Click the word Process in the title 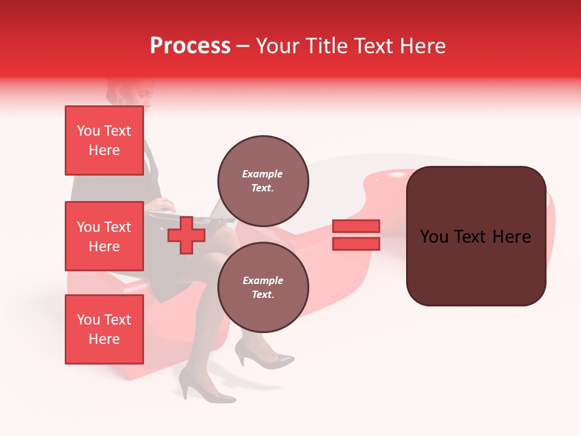(x=190, y=46)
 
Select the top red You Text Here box (x=104, y=140)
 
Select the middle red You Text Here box (x=104, y=236)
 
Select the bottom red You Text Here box (x=104, y=329)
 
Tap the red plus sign (x=186, y=236)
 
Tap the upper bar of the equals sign (x=356, y=226)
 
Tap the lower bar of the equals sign (x=356, y=244)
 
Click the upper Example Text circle (x=263, y=180)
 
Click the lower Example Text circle (x=263, y=287)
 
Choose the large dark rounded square (x=476, y=236)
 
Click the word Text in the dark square (x=475, y=237)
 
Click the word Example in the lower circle (x=263, y=280)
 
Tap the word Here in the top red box (x=104, y=150)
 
